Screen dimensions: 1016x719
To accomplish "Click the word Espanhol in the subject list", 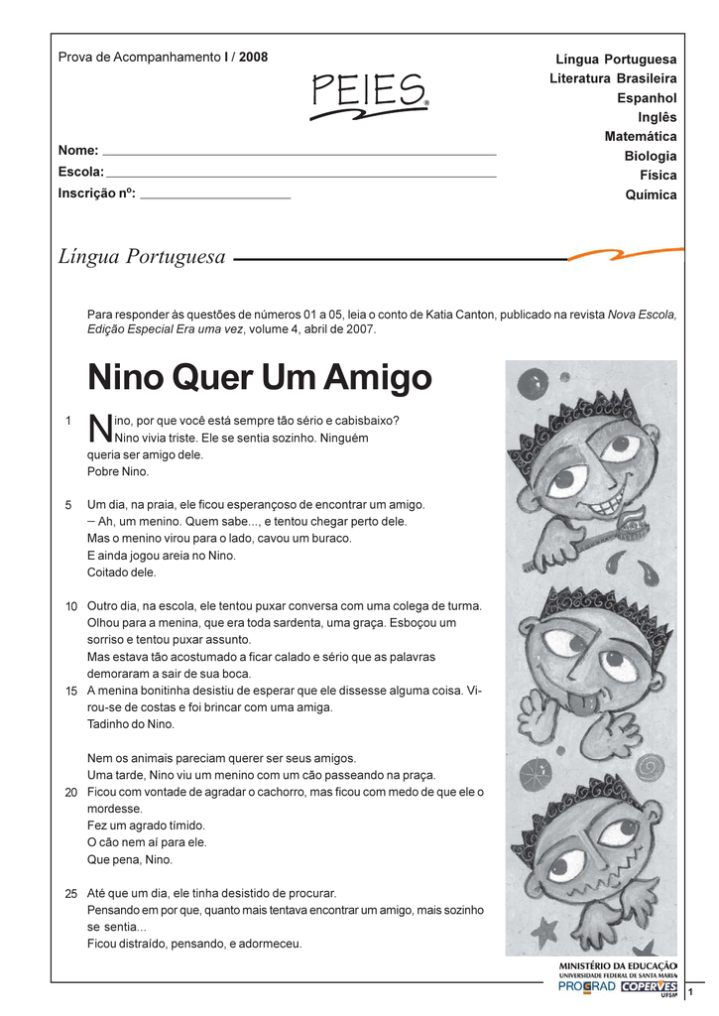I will coord(647,98).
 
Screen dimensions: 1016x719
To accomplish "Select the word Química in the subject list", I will coord(651,195).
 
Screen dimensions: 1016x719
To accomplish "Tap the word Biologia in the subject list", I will coord(651,157).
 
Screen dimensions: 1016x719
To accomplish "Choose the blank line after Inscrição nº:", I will coord(215,196).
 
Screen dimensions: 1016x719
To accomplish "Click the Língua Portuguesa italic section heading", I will coord(142,257).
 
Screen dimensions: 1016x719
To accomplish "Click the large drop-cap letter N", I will coord(99,429).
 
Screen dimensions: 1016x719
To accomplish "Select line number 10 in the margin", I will coord(71,606).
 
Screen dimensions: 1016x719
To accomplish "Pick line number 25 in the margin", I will coord(71,894).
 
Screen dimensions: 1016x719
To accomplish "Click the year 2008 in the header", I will coord(253,58).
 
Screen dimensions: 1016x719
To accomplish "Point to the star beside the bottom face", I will coord(543,931).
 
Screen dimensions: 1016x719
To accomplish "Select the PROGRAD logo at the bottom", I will coord(586,987).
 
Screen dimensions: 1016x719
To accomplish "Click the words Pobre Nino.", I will coord(118,471).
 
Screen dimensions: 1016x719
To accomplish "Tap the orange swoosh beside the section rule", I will coord(626,256).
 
